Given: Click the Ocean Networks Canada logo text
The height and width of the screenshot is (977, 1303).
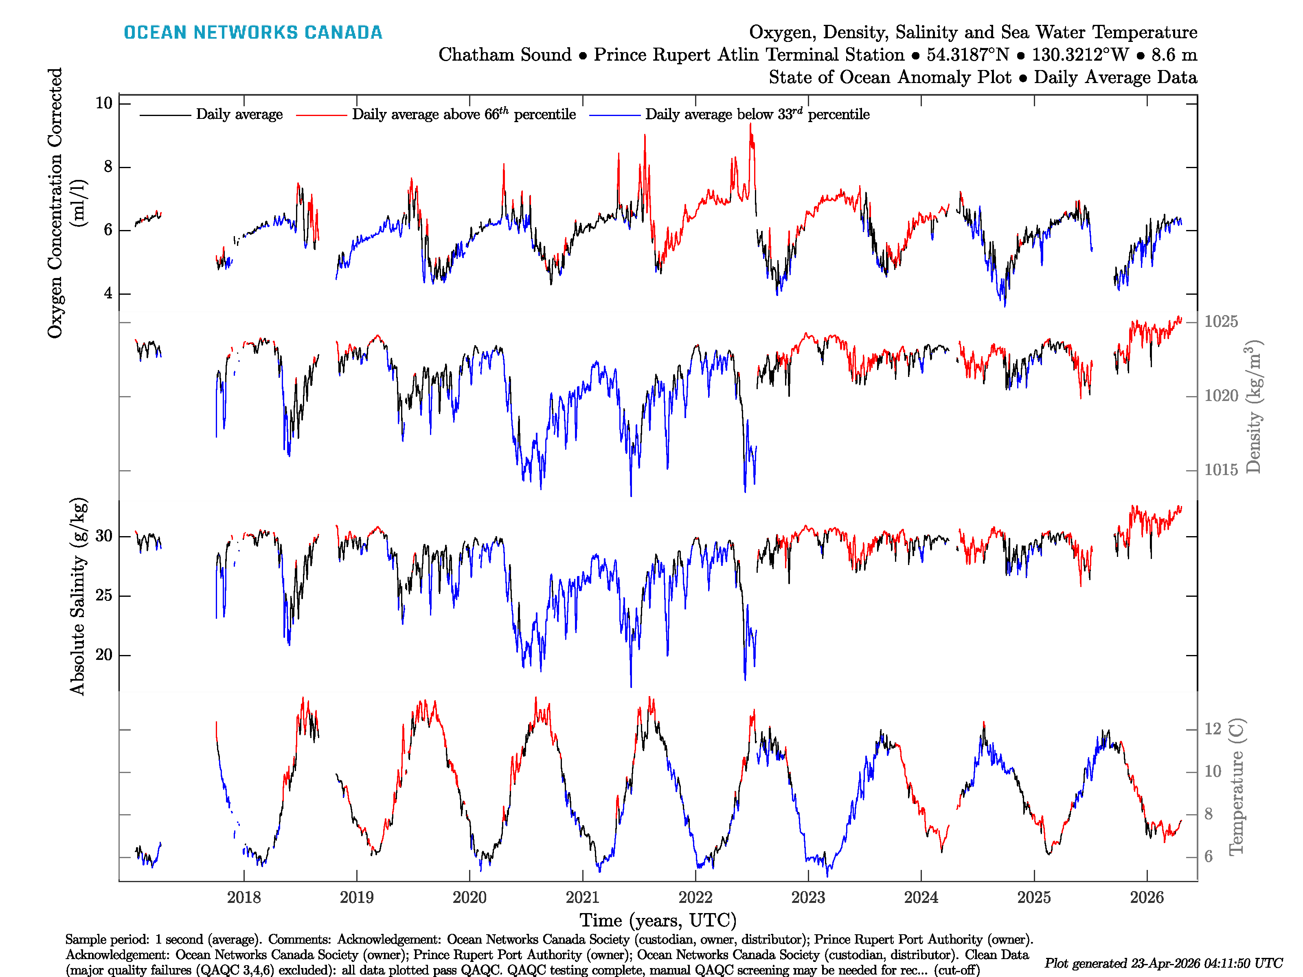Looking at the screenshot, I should pos(253,33).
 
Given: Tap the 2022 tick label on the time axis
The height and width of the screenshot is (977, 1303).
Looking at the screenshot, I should pos(695,898).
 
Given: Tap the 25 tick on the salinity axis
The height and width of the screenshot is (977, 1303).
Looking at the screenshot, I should pos(104,596).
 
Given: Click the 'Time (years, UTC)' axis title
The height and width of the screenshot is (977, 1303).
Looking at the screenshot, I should pos(658,920).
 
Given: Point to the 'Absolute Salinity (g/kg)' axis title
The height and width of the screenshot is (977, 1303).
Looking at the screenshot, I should pos(78,596).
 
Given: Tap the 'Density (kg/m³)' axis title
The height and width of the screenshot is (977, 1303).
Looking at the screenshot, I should pos(1253,406).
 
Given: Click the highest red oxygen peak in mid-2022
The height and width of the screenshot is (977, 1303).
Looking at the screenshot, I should pos(750,125).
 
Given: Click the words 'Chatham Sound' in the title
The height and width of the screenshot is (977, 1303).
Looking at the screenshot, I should pos(505,55).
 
